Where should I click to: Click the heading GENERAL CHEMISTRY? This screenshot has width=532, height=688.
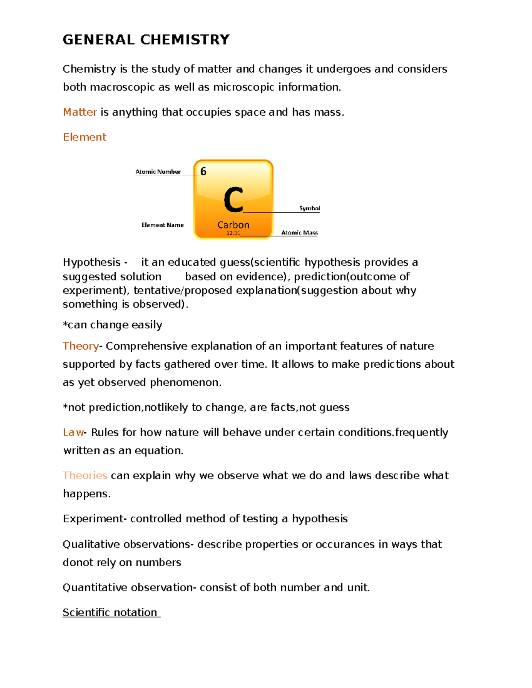coord(146,40)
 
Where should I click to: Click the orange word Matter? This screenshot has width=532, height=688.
coord(80,112)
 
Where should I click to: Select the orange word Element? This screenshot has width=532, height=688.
coord(85,137)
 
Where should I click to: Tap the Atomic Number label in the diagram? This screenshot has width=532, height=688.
coord(158,172)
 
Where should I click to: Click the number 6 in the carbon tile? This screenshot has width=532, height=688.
coord(203,171)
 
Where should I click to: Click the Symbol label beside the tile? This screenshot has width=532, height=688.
coord(309,208)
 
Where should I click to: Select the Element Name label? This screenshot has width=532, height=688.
coord(162,225)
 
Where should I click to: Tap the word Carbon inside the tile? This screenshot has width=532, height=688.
coord(233,225)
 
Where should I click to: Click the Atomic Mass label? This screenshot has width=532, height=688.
coord(300,233)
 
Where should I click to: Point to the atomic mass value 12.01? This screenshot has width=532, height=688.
coord(233,233)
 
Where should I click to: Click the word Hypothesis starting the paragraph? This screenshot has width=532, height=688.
coord(92,262)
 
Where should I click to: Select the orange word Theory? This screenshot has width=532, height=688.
coord(81,346)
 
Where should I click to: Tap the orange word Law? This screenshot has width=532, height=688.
coord(73,432)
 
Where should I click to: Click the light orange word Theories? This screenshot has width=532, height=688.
coord(85,475)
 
